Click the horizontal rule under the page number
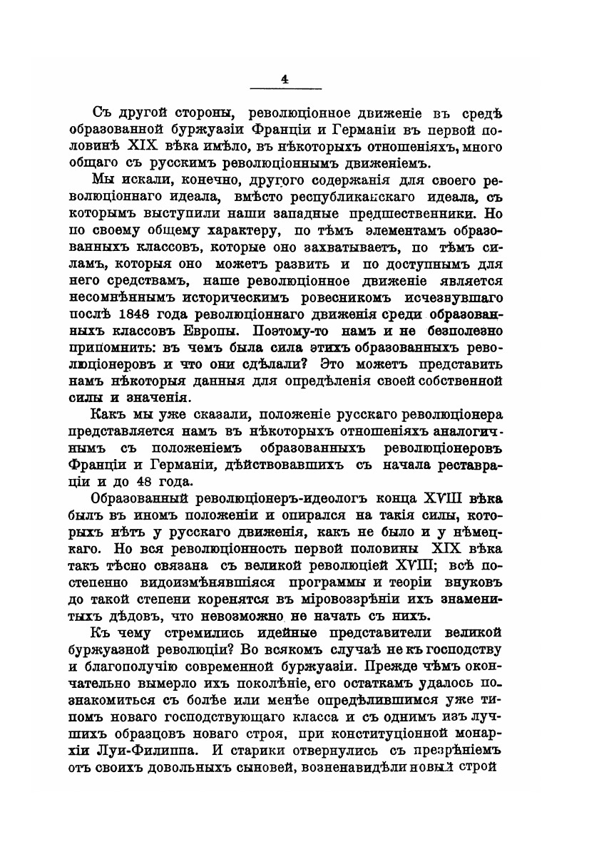tap(285, 89)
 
